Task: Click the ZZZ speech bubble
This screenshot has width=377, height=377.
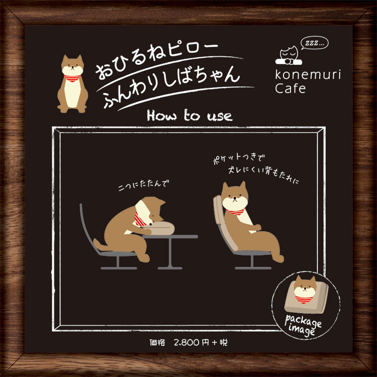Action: [x=314, y=43]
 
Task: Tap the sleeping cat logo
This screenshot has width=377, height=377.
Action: [x=289, y=56]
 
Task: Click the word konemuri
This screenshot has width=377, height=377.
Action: [x=308, y=74]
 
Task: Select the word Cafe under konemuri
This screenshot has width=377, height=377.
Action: [x=290, y=88]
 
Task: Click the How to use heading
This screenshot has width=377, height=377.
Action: [x=190, y=116]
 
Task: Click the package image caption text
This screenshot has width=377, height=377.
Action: [x=303, y=325]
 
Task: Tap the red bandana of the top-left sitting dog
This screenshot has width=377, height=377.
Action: [x=72, y=78]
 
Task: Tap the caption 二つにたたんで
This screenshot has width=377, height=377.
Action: [x=144, y=185]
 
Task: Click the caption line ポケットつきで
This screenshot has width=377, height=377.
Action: [x=239, y=158]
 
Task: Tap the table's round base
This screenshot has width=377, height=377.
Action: [x=170, y=267]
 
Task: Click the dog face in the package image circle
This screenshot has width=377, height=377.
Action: [x=305, y=287]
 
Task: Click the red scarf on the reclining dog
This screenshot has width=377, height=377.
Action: [x=236, y=212]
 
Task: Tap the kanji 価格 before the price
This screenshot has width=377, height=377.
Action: [x=157, y=342]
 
